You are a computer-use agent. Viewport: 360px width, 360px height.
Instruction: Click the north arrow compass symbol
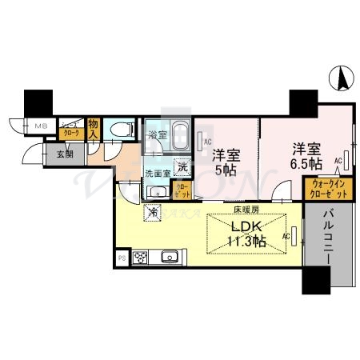coord(340,78)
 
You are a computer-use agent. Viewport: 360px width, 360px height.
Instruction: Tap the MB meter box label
coord(40,126)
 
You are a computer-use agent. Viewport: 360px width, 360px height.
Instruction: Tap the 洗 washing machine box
coord(183,168)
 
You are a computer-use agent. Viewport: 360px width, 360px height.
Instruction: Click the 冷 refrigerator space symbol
coord(150,213)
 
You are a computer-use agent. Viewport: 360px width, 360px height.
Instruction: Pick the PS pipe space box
coord(122,258)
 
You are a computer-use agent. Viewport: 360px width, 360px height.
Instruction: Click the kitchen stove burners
coord(140,258)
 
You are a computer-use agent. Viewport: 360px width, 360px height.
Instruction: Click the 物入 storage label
coord(94,128)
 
